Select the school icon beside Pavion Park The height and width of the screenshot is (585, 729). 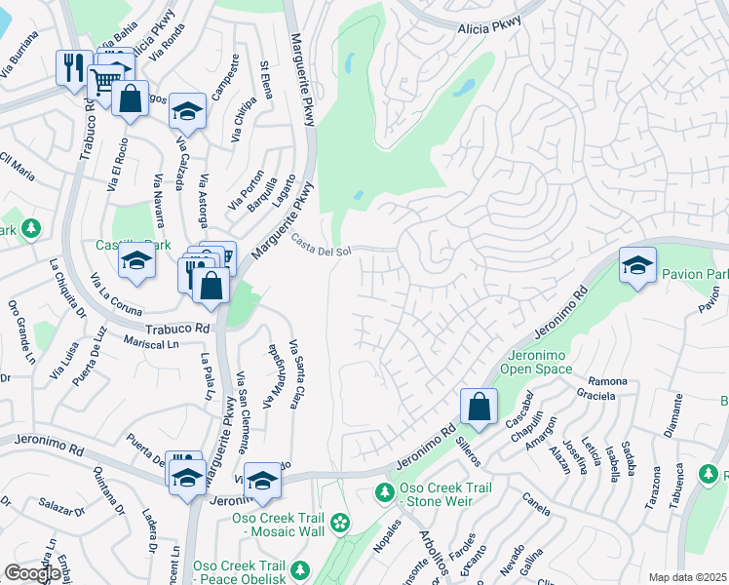click(x=636, y=265)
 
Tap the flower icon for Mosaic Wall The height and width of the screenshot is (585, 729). click(x=339, y=524)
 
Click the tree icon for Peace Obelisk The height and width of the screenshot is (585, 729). click(x=300, y=569)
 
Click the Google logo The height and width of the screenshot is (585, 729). click(x=32, y=573)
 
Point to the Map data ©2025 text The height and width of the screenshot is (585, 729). click(x=686, y=577)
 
